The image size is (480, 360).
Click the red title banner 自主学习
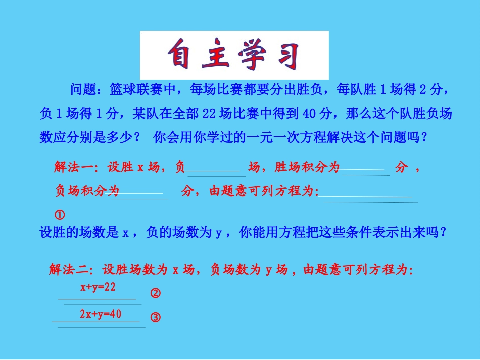pos(234,55)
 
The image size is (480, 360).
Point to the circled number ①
pos(59,215)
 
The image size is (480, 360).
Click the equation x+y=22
pos(98,288)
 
